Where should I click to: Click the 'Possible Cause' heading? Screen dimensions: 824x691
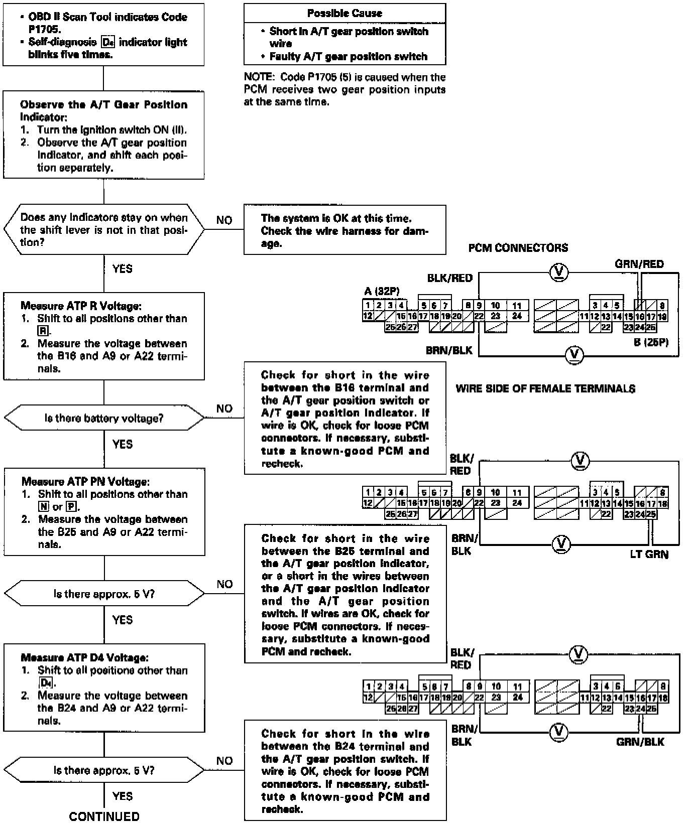pyautogui.click(x=344, y=13)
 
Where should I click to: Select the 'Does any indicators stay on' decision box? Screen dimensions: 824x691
pyautogui.click(x=104, y=230)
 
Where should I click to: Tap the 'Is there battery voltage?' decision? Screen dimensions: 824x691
pyautogui.click(x=104, y=418)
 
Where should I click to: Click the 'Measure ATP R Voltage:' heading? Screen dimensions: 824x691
pyautogui.click(x=81, y=306)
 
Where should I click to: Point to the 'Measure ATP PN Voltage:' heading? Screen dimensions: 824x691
pyautogui.click(x=85, y=481)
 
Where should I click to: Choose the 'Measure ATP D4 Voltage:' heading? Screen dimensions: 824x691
pyautogui.click(x=84, y=657)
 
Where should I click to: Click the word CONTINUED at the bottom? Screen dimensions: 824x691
pyautogui.click(x=104, y=816)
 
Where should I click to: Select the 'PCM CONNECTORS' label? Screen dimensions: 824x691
pyautogui.click(x=518, y=248)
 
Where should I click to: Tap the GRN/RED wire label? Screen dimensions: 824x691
pyautogui.click(x=639, y=264)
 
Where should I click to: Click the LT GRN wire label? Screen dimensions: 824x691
pyautogui.click(x=649, y=555)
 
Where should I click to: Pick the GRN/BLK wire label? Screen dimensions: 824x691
pyautogui.click(x=640, y=742)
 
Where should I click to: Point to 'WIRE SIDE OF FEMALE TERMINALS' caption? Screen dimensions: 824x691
pyautogui.click(x=545, y=388)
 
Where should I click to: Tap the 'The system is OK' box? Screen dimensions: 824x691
pyautogui.click(x=344, y=231)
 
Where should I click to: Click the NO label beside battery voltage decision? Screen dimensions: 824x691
pyautogui.click(x=224, y=408)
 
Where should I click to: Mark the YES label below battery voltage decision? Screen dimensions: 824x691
pyautogui.click(x=122, y=444)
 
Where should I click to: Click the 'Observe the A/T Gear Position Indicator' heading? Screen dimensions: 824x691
pyautogui.click(x=103, y=110)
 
